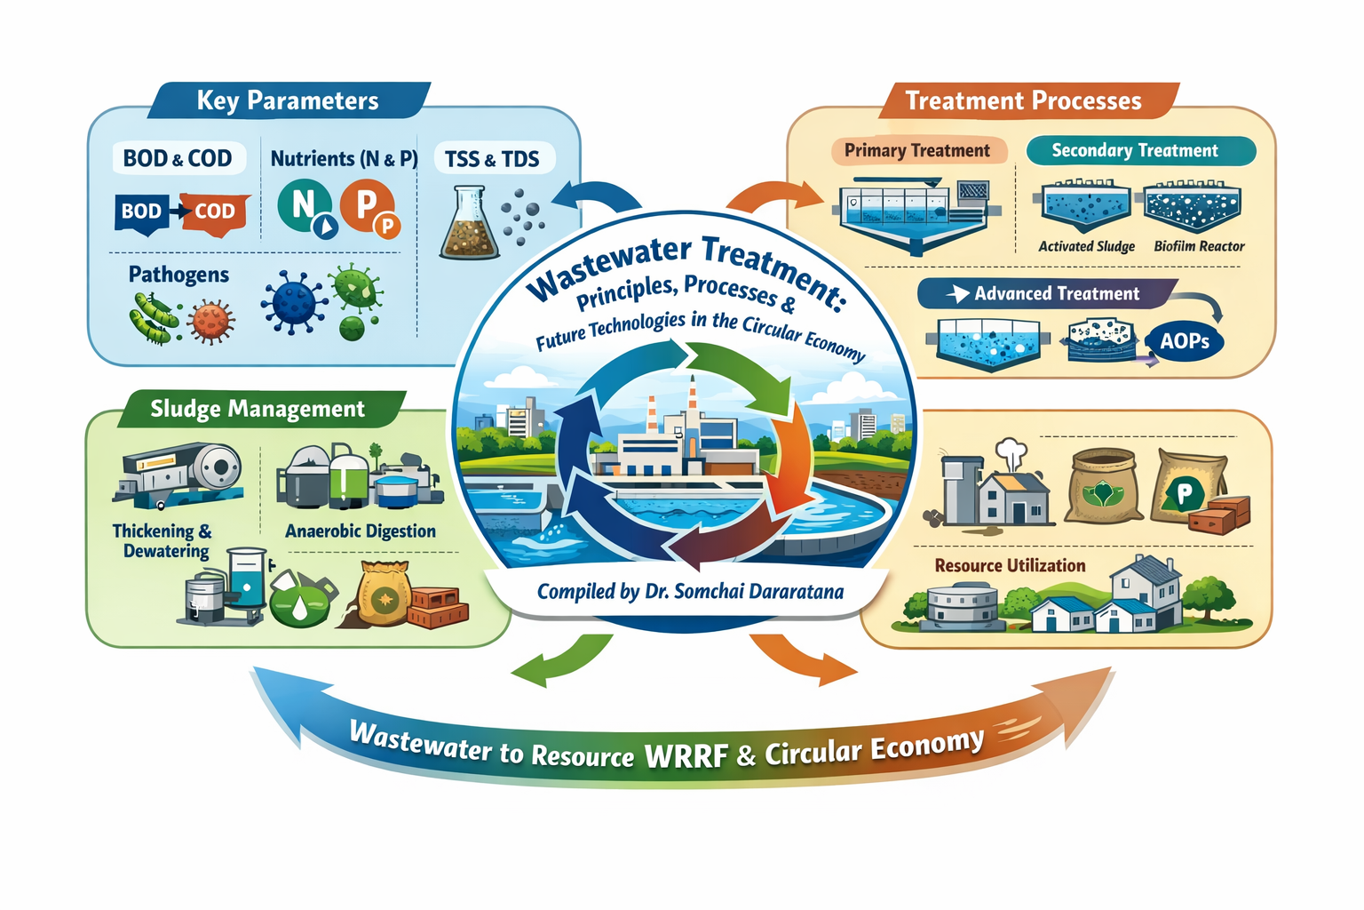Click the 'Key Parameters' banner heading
pyautogui.click(x=288, y=100)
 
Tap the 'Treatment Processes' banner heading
pyautogui.click(x=1023, y=100)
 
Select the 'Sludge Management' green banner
pyautogui.click(x=257, y=409)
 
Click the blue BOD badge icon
pyautogui.click(x=142, y=212)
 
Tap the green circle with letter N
pyautogui.click(x=303, y=205)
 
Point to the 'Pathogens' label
pyautogui.click(x=178, y=275)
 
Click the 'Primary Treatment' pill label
pyautogui.click(x=916, y=151)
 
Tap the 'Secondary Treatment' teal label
pyautogui.click(x=1135, y=151)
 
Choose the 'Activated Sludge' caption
pyautogui.click(x=1086, y=246)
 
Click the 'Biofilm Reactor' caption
pyautogui.click(x=1199, y=246)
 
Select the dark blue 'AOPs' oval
pyautogui.click(x=1184, y=341)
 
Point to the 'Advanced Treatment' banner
pyautogui.click(x=1048, y=294)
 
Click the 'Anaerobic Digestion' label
pyautogui.click(x=361, y=531)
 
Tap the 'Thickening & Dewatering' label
pyautogui.click(x=163, y=540)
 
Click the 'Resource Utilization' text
pyautogui.click(x=1010, y=565)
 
